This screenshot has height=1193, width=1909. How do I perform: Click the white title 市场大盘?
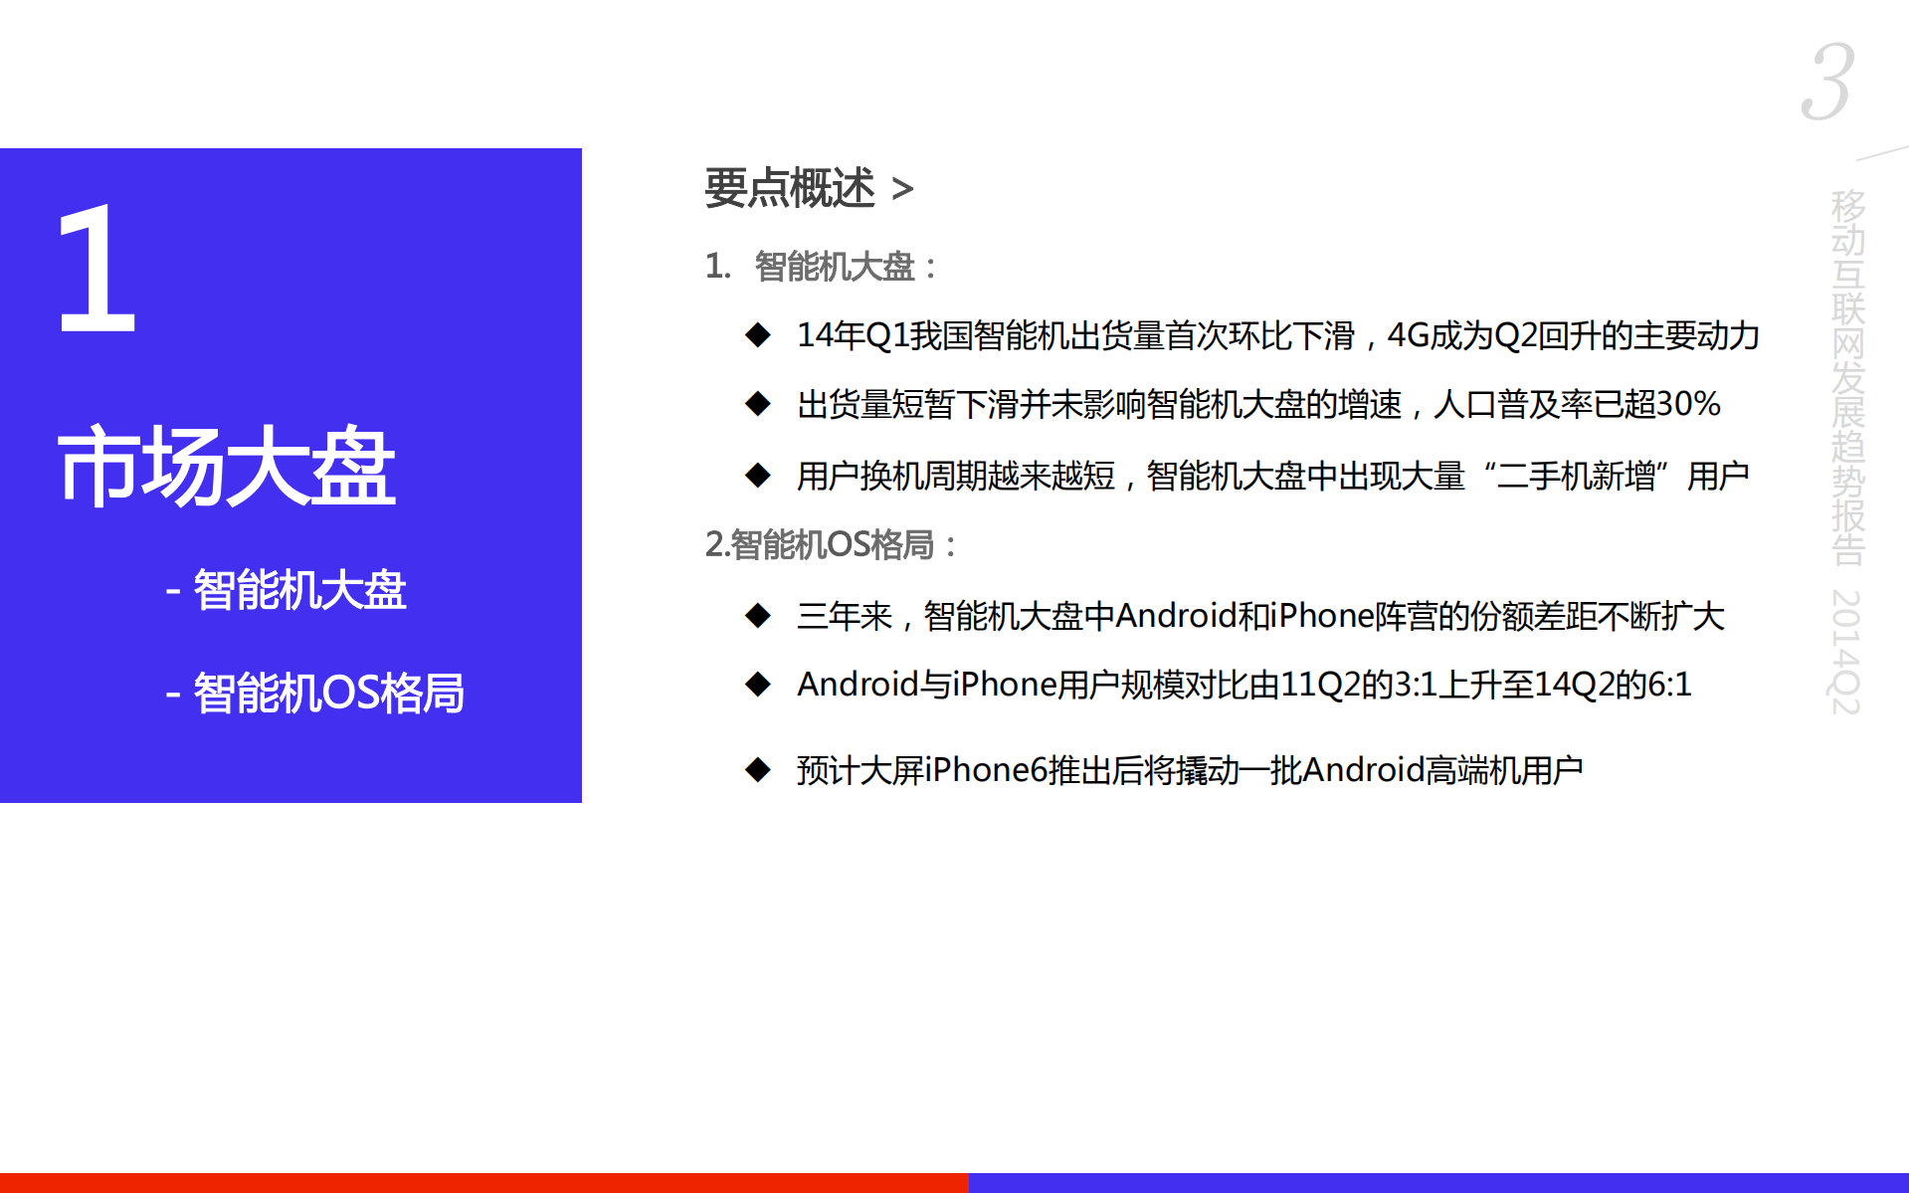227,467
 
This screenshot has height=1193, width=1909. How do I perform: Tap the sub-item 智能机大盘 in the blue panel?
298,590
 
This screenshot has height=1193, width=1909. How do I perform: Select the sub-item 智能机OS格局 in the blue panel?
327,694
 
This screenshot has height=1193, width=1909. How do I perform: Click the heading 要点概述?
790,188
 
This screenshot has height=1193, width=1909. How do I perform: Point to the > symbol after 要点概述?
902,189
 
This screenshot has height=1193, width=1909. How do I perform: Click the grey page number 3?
1827,82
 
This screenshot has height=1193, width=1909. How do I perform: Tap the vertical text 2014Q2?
1845,652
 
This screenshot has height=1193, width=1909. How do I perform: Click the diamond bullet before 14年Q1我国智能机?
758,335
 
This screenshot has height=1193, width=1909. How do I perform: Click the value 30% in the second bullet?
1688,404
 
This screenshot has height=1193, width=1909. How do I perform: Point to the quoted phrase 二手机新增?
1576,476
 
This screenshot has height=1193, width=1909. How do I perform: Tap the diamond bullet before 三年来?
758,616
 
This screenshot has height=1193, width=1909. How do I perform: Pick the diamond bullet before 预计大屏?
758,770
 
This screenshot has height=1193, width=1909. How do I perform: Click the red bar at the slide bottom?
483,1182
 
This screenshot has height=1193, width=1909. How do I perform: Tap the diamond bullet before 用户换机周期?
758,476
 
